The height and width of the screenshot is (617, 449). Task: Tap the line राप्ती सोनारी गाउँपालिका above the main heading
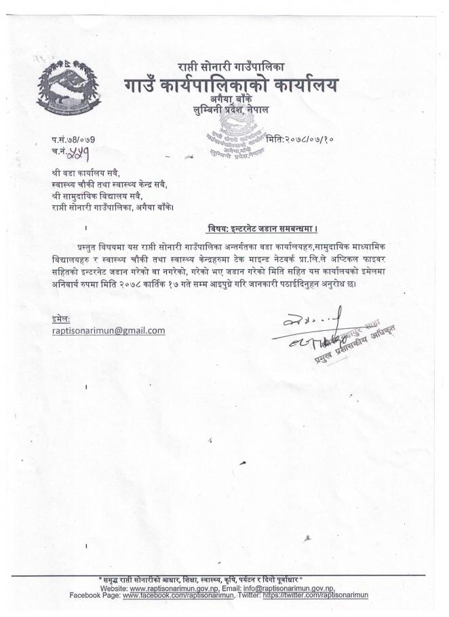point(231,67)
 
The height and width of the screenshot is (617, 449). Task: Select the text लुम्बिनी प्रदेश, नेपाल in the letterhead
point(231,108)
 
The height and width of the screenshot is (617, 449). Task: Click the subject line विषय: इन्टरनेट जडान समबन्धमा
point(262,228)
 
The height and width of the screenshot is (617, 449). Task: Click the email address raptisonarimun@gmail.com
point(109,330)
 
